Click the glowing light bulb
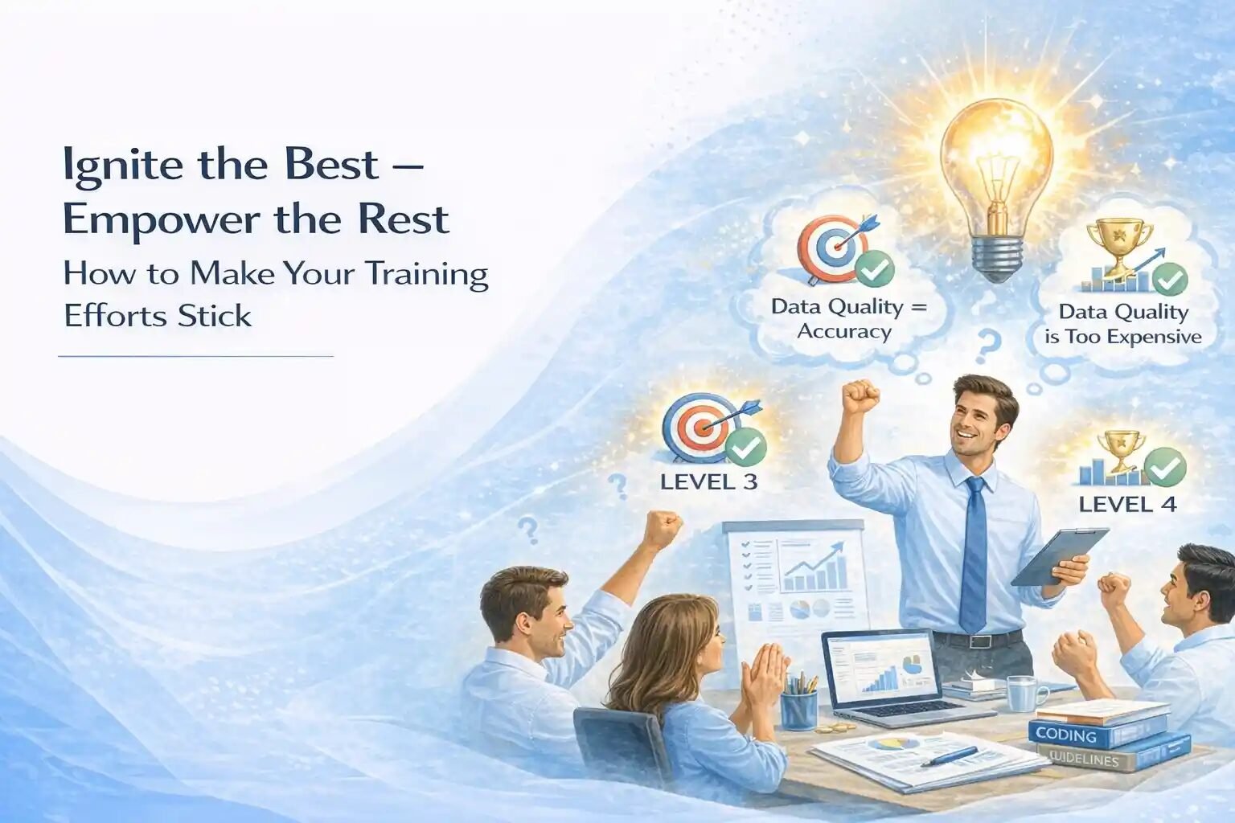coord(997,190)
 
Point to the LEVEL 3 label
coord(708,481)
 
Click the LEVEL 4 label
coord(1127,504)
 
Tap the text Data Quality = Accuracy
coord(848,319)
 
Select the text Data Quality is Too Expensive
coord(1123,325)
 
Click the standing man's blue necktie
coord(974,554)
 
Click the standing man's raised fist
coord(860,395)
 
